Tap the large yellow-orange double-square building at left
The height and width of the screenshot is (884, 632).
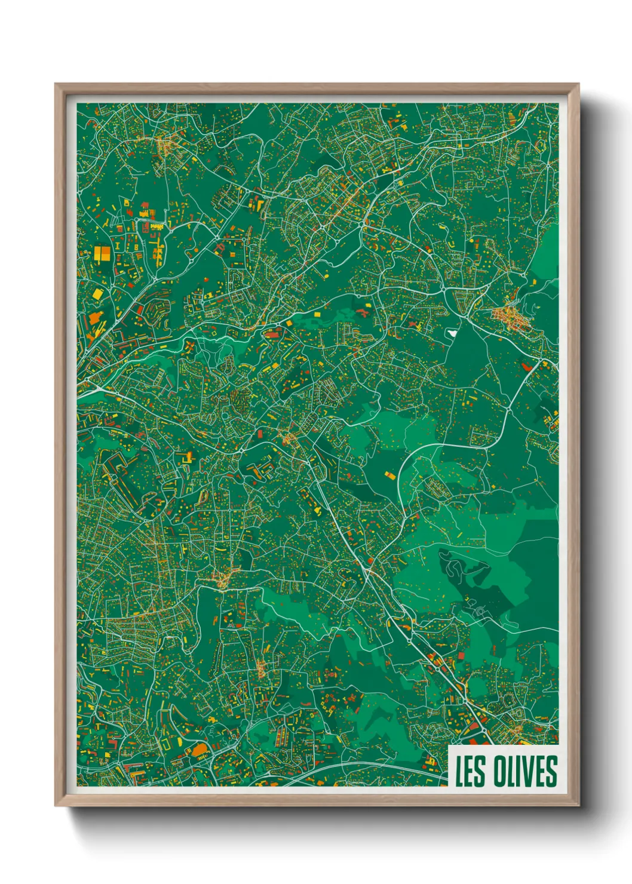[102, 253]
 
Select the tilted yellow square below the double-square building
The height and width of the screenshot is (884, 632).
[97, 294]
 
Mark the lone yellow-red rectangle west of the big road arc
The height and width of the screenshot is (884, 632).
[389, 475]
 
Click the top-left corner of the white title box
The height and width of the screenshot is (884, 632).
[449, 746]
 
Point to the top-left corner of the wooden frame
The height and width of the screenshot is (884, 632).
[56, 84]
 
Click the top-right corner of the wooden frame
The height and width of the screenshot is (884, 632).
[578, 84]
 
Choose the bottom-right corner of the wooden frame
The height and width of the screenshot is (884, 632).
[578, 806]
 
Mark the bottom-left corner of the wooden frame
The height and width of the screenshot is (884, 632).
[56, 806]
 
